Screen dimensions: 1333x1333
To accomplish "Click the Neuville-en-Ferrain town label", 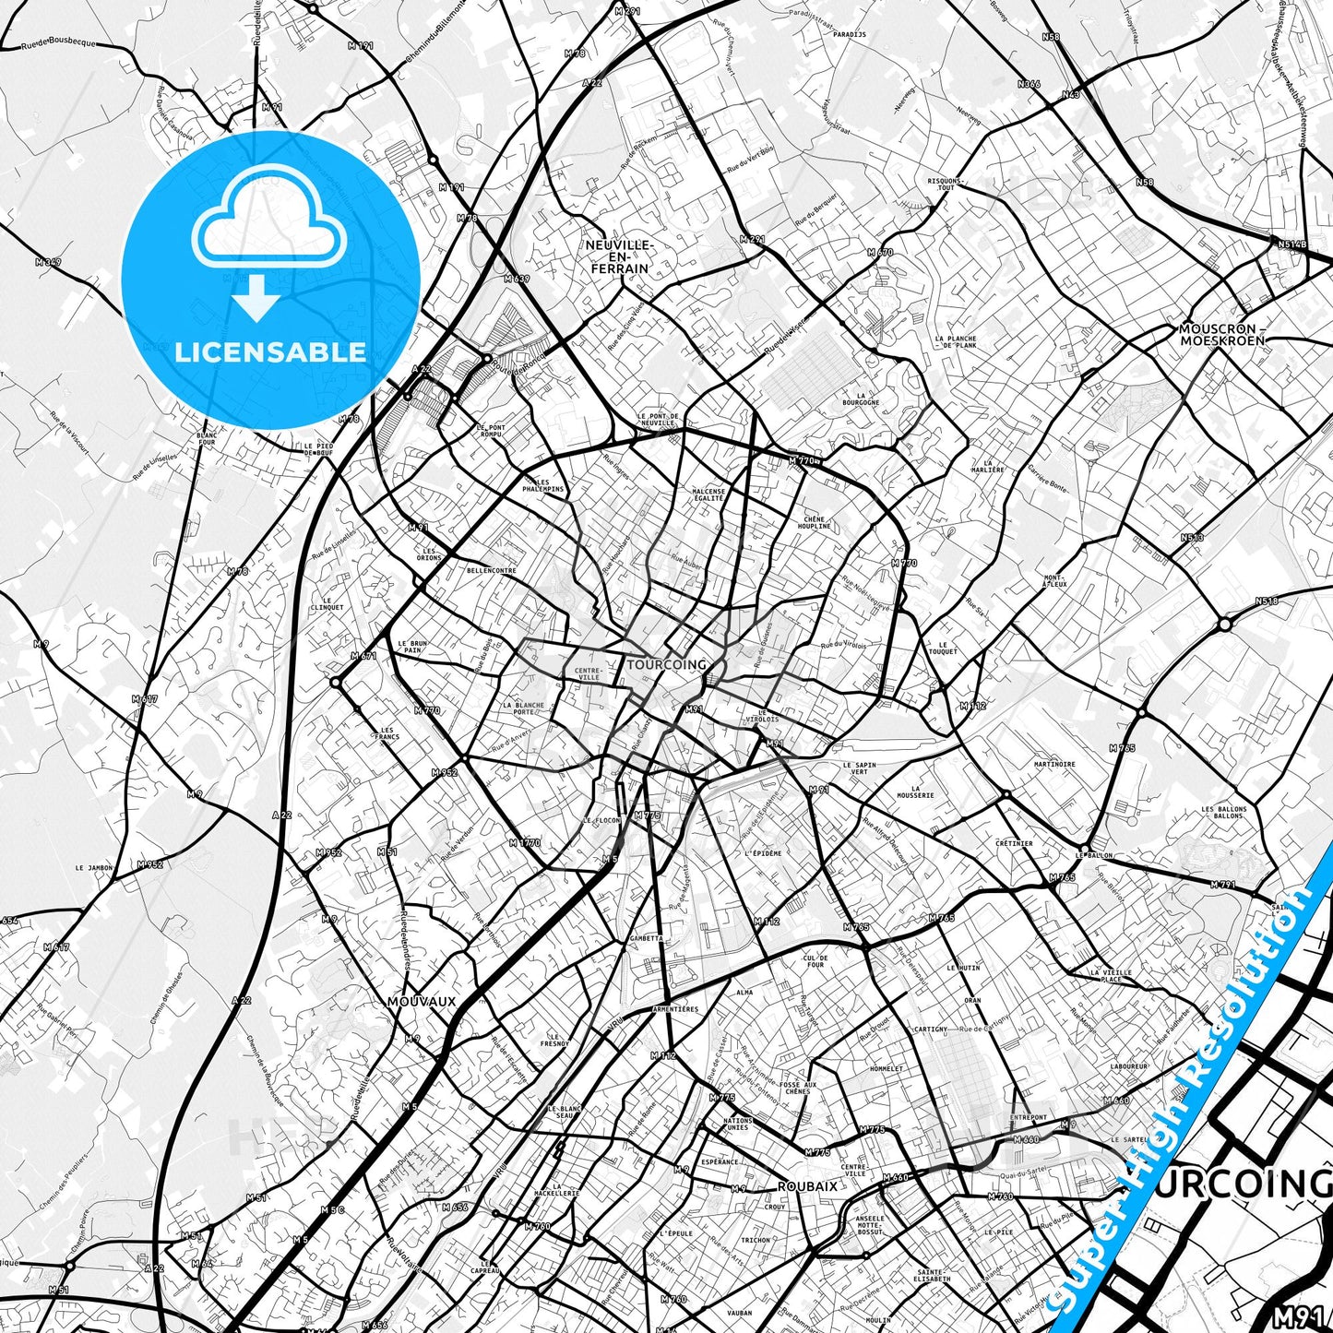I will click(618, 256).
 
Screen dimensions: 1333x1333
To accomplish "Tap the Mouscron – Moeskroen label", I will click(1222, 334).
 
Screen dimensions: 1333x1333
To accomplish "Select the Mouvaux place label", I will click(422, 1001).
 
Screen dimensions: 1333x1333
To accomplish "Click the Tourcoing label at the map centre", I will click(666, 664).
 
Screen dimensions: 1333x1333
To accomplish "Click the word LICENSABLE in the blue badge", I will click(270, 351).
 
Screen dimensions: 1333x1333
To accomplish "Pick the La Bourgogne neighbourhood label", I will click(861, 399).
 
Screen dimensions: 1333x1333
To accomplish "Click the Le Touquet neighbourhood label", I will click(942, 648).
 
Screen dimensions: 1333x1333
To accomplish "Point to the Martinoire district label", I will click(1054, 764).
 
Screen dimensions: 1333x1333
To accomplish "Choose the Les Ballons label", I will click(1224, 812).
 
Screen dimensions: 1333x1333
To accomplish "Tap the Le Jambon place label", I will click(94, 868).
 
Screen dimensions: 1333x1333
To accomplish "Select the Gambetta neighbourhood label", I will click(646, 938).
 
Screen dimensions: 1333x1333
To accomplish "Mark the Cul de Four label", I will click(815, 961).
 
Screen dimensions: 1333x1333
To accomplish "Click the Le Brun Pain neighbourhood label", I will click(412, 646).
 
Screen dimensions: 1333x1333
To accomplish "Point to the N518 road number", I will click(1267, 601).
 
